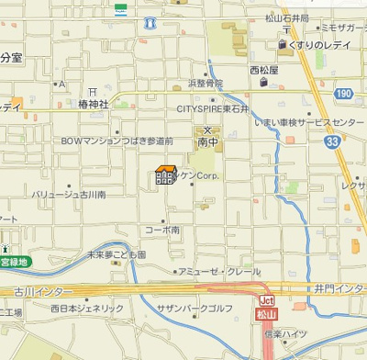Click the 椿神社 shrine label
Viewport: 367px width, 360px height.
coord(94,105)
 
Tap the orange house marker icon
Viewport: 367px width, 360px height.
coord(166,174)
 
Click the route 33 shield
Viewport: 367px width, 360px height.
coord(332,141)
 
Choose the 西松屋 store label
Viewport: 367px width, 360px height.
coord(263,69)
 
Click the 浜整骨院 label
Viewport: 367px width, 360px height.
coord(206,83)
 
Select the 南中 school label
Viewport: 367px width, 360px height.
coord(208,143)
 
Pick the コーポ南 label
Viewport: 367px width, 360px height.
coord(161,230)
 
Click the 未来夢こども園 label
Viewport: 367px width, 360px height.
coord(116,254)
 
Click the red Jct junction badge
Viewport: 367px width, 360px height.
coord(267,300)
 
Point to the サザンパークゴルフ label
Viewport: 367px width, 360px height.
coord(195,309)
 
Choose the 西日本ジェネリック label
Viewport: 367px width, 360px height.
coord(87,309)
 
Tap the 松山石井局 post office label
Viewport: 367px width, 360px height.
coord(286,17)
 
